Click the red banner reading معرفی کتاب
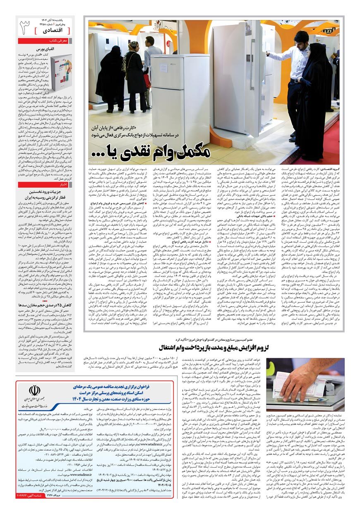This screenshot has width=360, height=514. point(45,41)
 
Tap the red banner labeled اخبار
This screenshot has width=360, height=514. point(45,184)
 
